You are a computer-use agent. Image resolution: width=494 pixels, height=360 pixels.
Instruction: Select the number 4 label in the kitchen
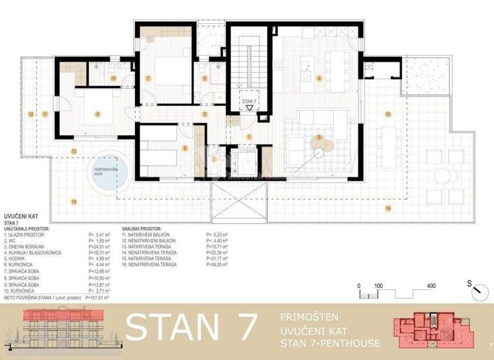(x=320, y=79)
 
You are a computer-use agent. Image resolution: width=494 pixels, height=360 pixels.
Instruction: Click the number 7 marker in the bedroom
(x=149, y=78)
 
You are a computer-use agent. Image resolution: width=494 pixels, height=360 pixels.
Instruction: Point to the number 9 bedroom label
(x=97, y=114)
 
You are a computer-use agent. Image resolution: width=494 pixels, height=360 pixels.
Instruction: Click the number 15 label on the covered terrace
(x=388, y=114)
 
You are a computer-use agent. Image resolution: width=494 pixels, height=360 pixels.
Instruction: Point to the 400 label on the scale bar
(x=431, y=285)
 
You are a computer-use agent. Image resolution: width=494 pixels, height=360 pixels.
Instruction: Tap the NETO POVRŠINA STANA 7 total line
(x=57, y=299)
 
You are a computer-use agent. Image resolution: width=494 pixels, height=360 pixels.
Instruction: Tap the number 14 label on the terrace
(x=74, y=201)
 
